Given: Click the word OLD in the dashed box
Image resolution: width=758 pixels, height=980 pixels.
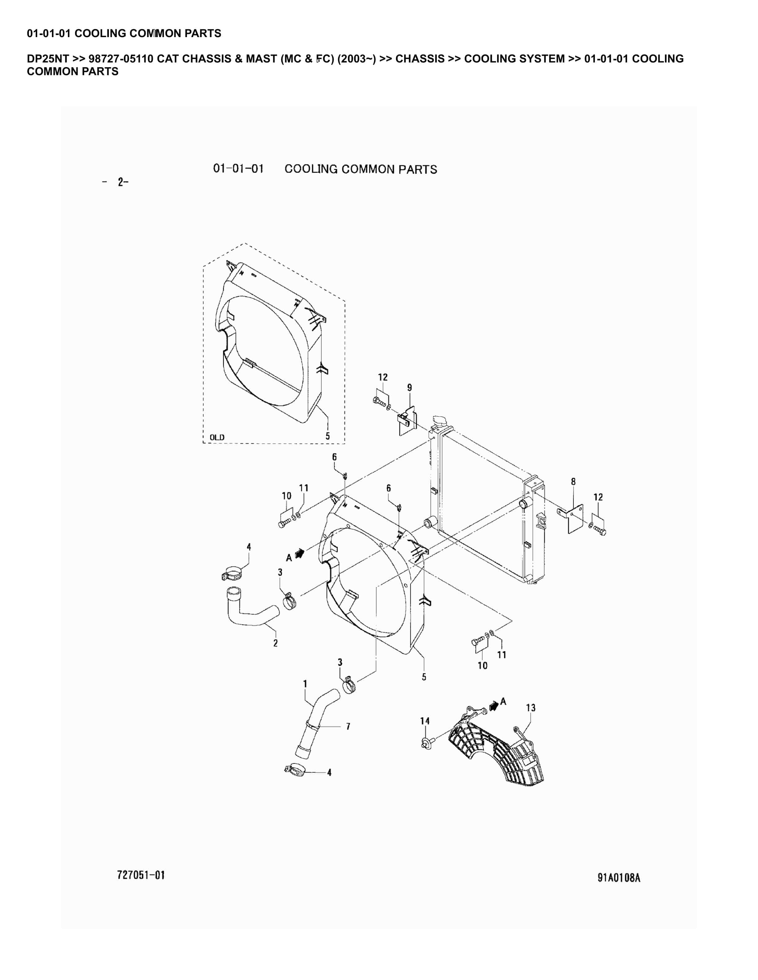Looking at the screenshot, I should click(x=217, y=437).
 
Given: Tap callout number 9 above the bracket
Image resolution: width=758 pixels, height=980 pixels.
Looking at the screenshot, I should click(x=409, y=387).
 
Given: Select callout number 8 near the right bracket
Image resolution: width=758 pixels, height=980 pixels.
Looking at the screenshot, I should click(x=573, y=481).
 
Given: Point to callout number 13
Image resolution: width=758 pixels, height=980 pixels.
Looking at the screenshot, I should click(x=530, y=708).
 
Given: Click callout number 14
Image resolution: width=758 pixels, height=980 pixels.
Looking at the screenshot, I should click(x=425, y=721).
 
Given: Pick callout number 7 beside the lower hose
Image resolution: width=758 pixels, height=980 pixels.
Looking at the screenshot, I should click(x=348, y=726).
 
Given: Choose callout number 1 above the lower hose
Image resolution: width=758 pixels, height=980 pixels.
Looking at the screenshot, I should click(x=305, y=684).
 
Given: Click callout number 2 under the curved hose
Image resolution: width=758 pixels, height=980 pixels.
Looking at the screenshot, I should click(x=275, y=643).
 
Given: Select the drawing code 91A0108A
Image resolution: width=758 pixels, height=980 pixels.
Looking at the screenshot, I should click(x=618, y=878).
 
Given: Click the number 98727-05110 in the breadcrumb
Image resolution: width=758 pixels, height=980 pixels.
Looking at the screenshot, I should click(x=121, y=59).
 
